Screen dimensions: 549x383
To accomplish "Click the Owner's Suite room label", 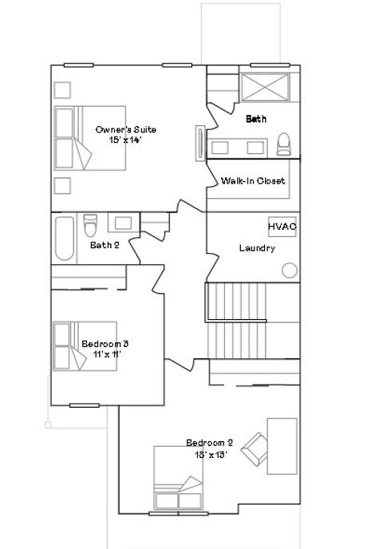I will [125, 129].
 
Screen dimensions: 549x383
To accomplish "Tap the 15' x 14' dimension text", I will [125, 140].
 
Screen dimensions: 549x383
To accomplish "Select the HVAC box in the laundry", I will [282, 227].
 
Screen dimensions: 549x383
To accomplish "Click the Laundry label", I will [257, 248].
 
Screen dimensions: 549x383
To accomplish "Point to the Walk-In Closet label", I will [253, 181].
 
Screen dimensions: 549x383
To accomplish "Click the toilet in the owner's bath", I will [283, 144].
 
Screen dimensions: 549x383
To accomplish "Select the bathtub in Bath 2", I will [63, 239].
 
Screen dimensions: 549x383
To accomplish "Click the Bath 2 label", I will [105, 245].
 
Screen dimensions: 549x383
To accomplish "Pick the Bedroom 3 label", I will [105, 344].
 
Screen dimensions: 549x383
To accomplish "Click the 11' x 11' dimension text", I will [105, 354].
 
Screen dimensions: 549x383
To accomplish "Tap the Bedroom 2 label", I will [209, 443].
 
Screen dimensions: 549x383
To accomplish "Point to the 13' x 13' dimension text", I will [209, 454].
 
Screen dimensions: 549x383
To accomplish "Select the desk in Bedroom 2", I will [282, 445].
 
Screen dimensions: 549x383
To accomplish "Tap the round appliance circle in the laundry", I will [289, 270].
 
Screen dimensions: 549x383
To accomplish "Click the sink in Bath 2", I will [122, 223].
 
